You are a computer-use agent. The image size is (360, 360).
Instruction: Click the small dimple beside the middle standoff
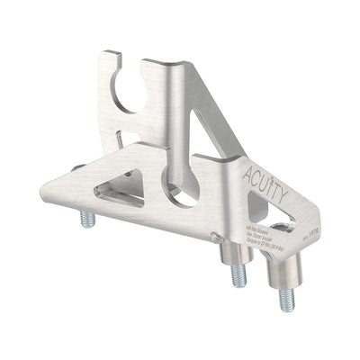point(213,237)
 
